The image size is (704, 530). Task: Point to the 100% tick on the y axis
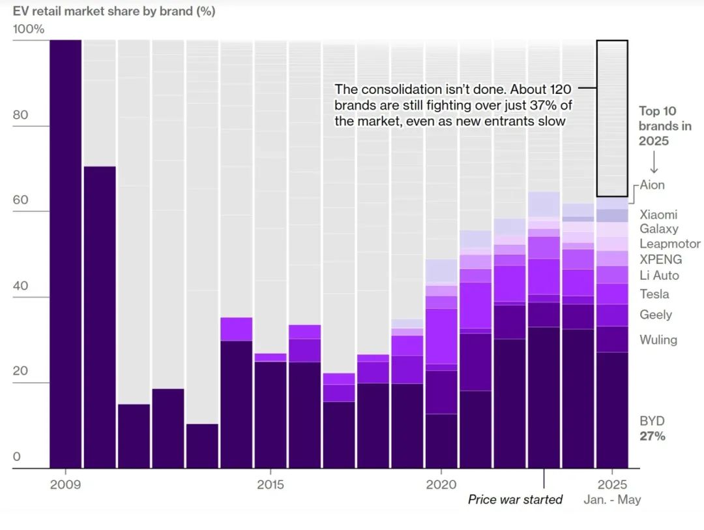pos(27,29)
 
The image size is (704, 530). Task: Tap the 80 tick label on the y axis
pos(20,115)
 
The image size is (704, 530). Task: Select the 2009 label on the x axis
pos(65,485)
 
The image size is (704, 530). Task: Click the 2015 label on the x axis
pos(271,485)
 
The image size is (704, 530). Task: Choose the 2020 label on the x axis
pos(441,485)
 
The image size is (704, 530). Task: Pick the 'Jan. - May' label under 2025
pos(612,500)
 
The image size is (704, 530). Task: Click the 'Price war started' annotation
pos(515,500)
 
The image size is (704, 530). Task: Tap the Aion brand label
pos(652,185)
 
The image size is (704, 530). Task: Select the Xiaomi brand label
pos(658,214)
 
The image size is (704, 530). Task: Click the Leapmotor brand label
pos(669,243)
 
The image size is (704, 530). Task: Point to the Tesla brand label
pos(654,294)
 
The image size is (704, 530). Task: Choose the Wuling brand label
pos(658,339)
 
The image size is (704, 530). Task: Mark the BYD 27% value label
pos(652,436)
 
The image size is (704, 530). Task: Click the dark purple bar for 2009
pos(65,255)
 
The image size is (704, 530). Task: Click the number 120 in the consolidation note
pos(558,90)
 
